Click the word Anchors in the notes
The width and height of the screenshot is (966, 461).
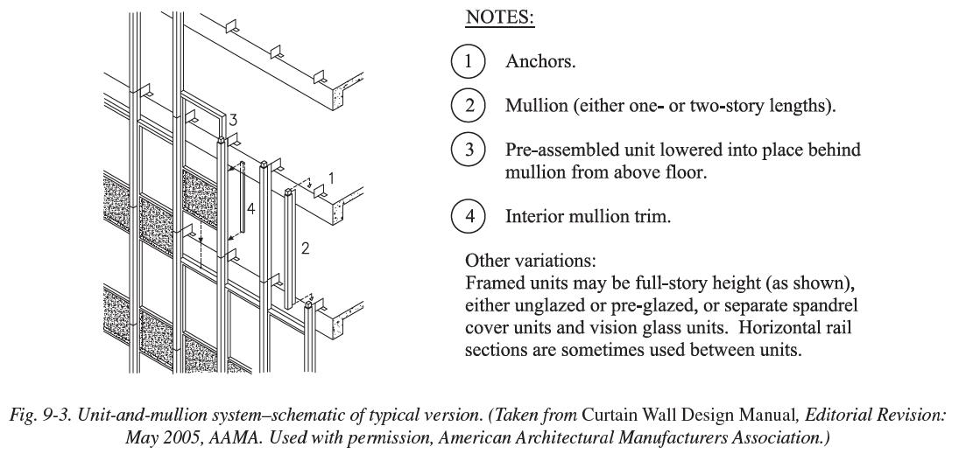coord(539,63)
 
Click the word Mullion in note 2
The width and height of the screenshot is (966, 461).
coord(536,107)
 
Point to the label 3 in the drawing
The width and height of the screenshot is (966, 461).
coord(233,120)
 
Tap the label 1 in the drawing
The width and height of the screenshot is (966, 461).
coord(330,178)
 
